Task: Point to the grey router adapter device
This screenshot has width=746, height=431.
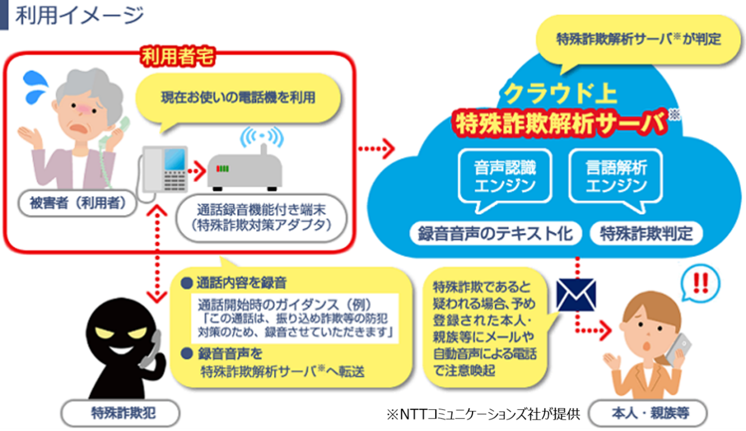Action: (245, 171)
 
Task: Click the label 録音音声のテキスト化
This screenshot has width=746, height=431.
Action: (496, 234)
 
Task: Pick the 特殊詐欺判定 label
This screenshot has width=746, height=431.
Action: (646, 234)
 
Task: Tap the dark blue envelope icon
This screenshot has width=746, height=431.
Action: (576, 295)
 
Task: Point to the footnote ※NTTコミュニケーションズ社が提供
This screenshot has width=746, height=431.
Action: (484, 414)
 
